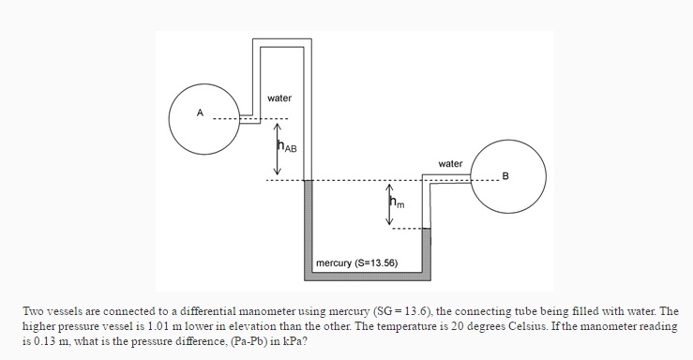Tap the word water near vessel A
[x=279, y=98]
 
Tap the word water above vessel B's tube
[x=450, y=164]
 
